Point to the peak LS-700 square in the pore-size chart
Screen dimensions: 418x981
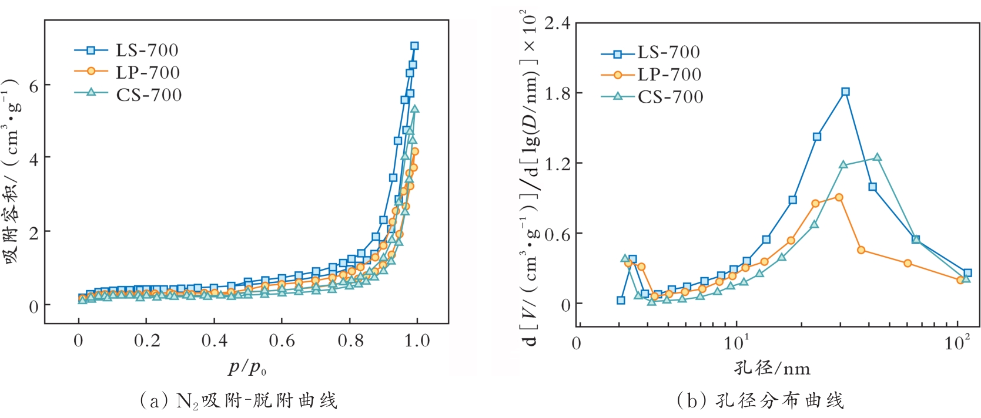(845, 92)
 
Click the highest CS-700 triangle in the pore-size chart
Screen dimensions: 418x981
(877, 157)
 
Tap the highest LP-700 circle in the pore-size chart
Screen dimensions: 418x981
(839, 197)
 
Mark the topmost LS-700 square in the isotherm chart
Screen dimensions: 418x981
(414, 46)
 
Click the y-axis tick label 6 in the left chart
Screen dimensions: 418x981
(34, 86)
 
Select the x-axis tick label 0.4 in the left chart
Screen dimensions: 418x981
(214, 341)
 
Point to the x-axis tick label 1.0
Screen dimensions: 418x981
(417, 341)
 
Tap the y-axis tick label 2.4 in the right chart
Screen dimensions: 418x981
(557, 23)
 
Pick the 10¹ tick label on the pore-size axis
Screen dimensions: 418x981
(736, 342)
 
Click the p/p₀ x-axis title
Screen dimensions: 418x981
(247, 368)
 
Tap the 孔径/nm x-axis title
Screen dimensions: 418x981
(772, 369)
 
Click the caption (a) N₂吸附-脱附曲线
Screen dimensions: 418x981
(238, 401)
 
